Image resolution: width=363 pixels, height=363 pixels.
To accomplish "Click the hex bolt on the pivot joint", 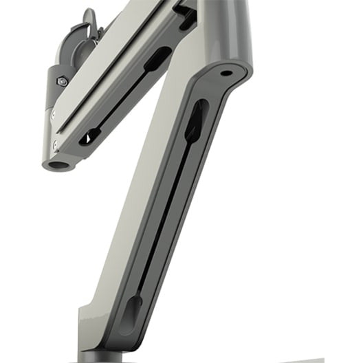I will (x=62, y=80).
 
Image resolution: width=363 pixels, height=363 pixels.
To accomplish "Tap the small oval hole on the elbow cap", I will (x=225, y=72).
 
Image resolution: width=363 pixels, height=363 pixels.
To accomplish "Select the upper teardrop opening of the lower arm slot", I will (x=195, y=120).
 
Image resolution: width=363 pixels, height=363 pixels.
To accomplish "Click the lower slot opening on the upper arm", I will (x=89, y=135).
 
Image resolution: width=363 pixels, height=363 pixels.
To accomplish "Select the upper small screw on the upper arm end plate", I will (x=53, y=115).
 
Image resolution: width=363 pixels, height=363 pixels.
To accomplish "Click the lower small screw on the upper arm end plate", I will (x=55, y=143).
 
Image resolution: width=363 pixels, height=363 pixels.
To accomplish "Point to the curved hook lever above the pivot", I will (x=87, y=21).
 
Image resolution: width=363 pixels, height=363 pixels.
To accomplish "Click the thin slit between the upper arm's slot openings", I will (x=124, y=96).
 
